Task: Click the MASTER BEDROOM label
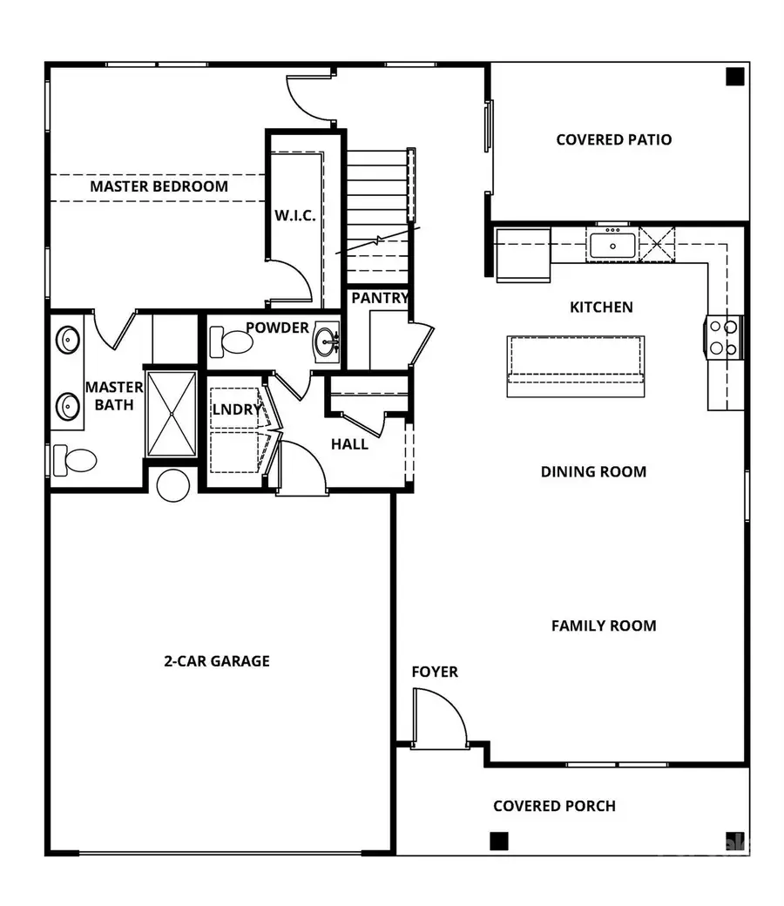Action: pyautogui.click(x=159, y=186)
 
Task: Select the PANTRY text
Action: pyautogui.click(x=380, y=299)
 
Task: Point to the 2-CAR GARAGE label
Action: pyautogui.click(x=217, y=660)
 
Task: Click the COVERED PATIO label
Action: pyautogui.click(x=614, y=139)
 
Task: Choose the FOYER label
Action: pyautogui.click(x=435, y=672)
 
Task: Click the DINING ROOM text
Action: pyautogui.click(x=593, y=471)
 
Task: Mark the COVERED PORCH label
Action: pyautogui.click(x=554, y=806)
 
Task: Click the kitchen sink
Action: pyautogui.click(x=612, y=244)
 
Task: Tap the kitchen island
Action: pyautogui.click(x=576, y=365)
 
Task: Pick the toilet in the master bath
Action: pyautogui.click(x=73, y=459)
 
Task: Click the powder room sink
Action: pyautogui.click(x=328, y=340)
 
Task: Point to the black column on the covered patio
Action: pyautogui.click(x=734, y=78)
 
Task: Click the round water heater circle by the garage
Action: pyautogui.click(x=172, y=485)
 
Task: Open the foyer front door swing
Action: pyautogui.click(x=437, y=716)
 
